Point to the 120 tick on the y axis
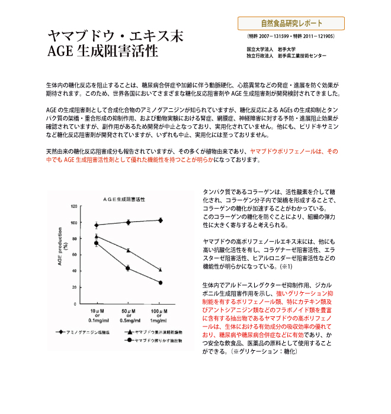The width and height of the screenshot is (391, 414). [74, 206]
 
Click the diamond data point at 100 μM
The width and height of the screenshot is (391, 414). [160, 220]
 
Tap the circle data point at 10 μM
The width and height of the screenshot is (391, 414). [97, 242]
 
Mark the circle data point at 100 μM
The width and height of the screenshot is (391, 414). [160, 283]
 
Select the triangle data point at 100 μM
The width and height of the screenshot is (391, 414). [160, 270]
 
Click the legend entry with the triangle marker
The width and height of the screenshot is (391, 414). [152, 332]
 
